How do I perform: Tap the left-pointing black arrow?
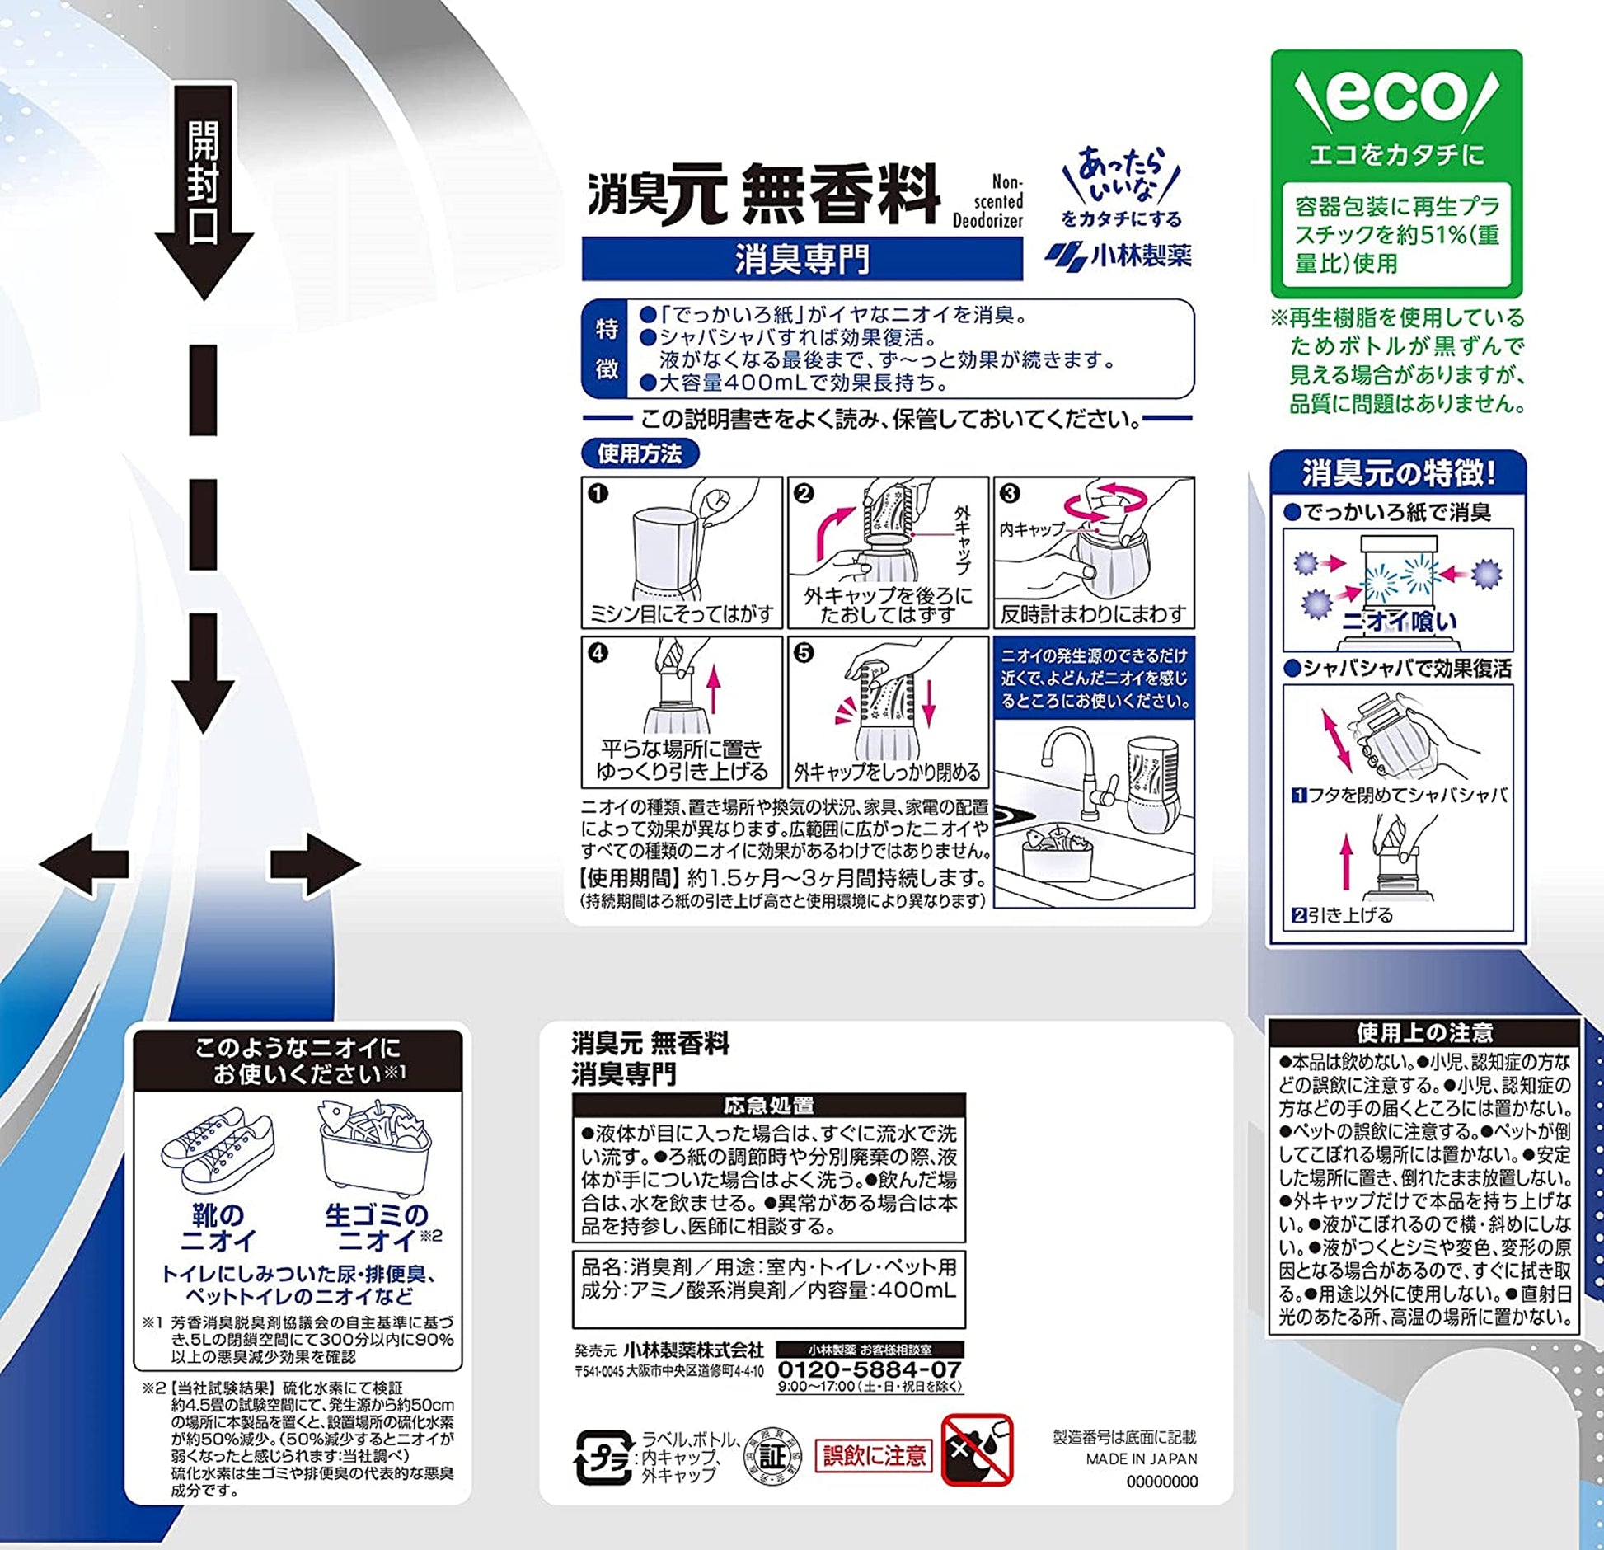84,863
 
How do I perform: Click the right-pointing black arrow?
316,863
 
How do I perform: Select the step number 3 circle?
1010,493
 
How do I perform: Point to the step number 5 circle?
804,653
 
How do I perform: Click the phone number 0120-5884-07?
870,1369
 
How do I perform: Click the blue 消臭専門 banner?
802,259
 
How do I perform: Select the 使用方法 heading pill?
640,453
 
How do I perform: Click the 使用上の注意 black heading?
1424,1031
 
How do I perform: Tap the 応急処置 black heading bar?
768,1106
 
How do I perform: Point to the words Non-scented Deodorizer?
987,201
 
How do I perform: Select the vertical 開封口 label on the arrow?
203,183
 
